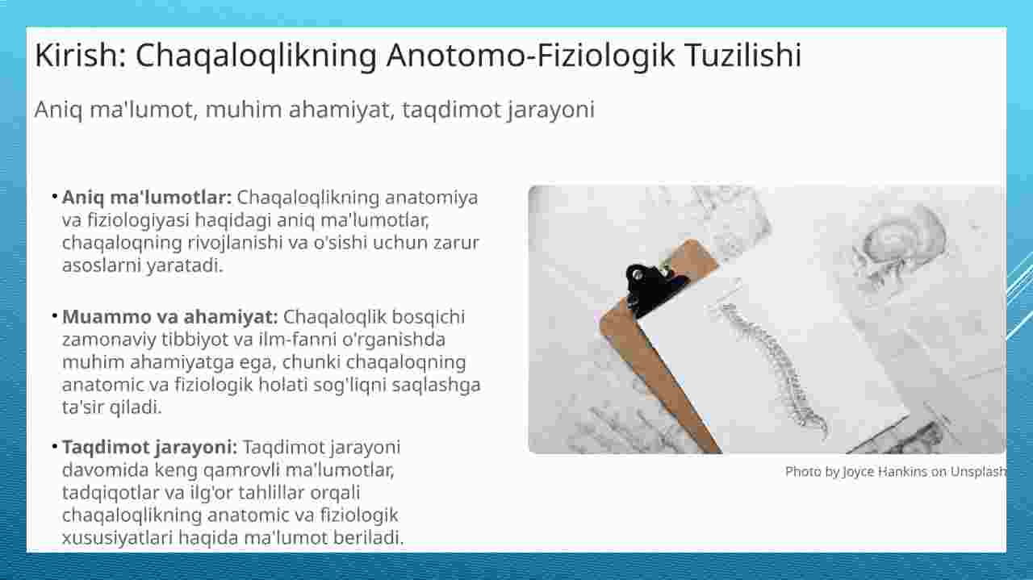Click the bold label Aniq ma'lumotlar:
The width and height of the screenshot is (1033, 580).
click(x=147, y=198)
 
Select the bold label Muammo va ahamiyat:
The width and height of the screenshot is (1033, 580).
click(x=169, y=317)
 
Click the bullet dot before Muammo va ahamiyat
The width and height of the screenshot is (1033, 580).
click(x=54, y=316)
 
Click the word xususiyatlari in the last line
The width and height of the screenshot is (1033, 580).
click(x=117, y=537)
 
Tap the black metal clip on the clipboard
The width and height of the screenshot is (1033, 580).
click(x=655, y=288)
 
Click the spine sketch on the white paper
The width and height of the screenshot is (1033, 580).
click(x=775, y=369)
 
